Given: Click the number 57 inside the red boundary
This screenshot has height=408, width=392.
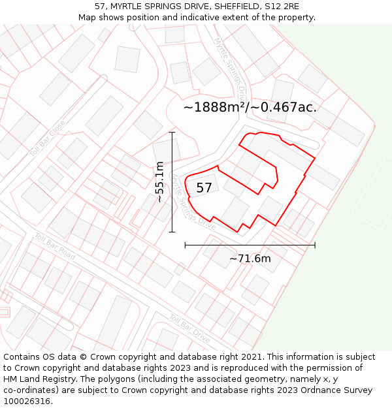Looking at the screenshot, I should click(204, 188).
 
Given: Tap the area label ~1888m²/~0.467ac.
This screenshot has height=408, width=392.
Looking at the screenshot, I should click(250, 108).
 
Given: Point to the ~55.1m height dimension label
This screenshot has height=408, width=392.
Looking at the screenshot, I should click(159, 182).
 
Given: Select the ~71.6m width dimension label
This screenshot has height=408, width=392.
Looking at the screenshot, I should click(250, 259).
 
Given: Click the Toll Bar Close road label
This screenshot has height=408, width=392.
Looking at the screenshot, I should click(48, 137).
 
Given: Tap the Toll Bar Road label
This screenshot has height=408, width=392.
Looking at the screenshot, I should click(55, 246).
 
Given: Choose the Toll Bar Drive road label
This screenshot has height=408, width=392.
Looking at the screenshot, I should click(189, 329).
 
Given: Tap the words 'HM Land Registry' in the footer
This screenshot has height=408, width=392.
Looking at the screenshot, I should click(37, 379).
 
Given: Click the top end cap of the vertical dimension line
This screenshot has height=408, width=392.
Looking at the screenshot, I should click(172, 133).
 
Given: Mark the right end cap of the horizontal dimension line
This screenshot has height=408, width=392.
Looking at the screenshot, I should click(315, 245).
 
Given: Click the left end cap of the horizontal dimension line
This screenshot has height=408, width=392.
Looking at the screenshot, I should click(186, 245).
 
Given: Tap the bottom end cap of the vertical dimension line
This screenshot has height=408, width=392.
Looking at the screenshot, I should click(172, 232).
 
